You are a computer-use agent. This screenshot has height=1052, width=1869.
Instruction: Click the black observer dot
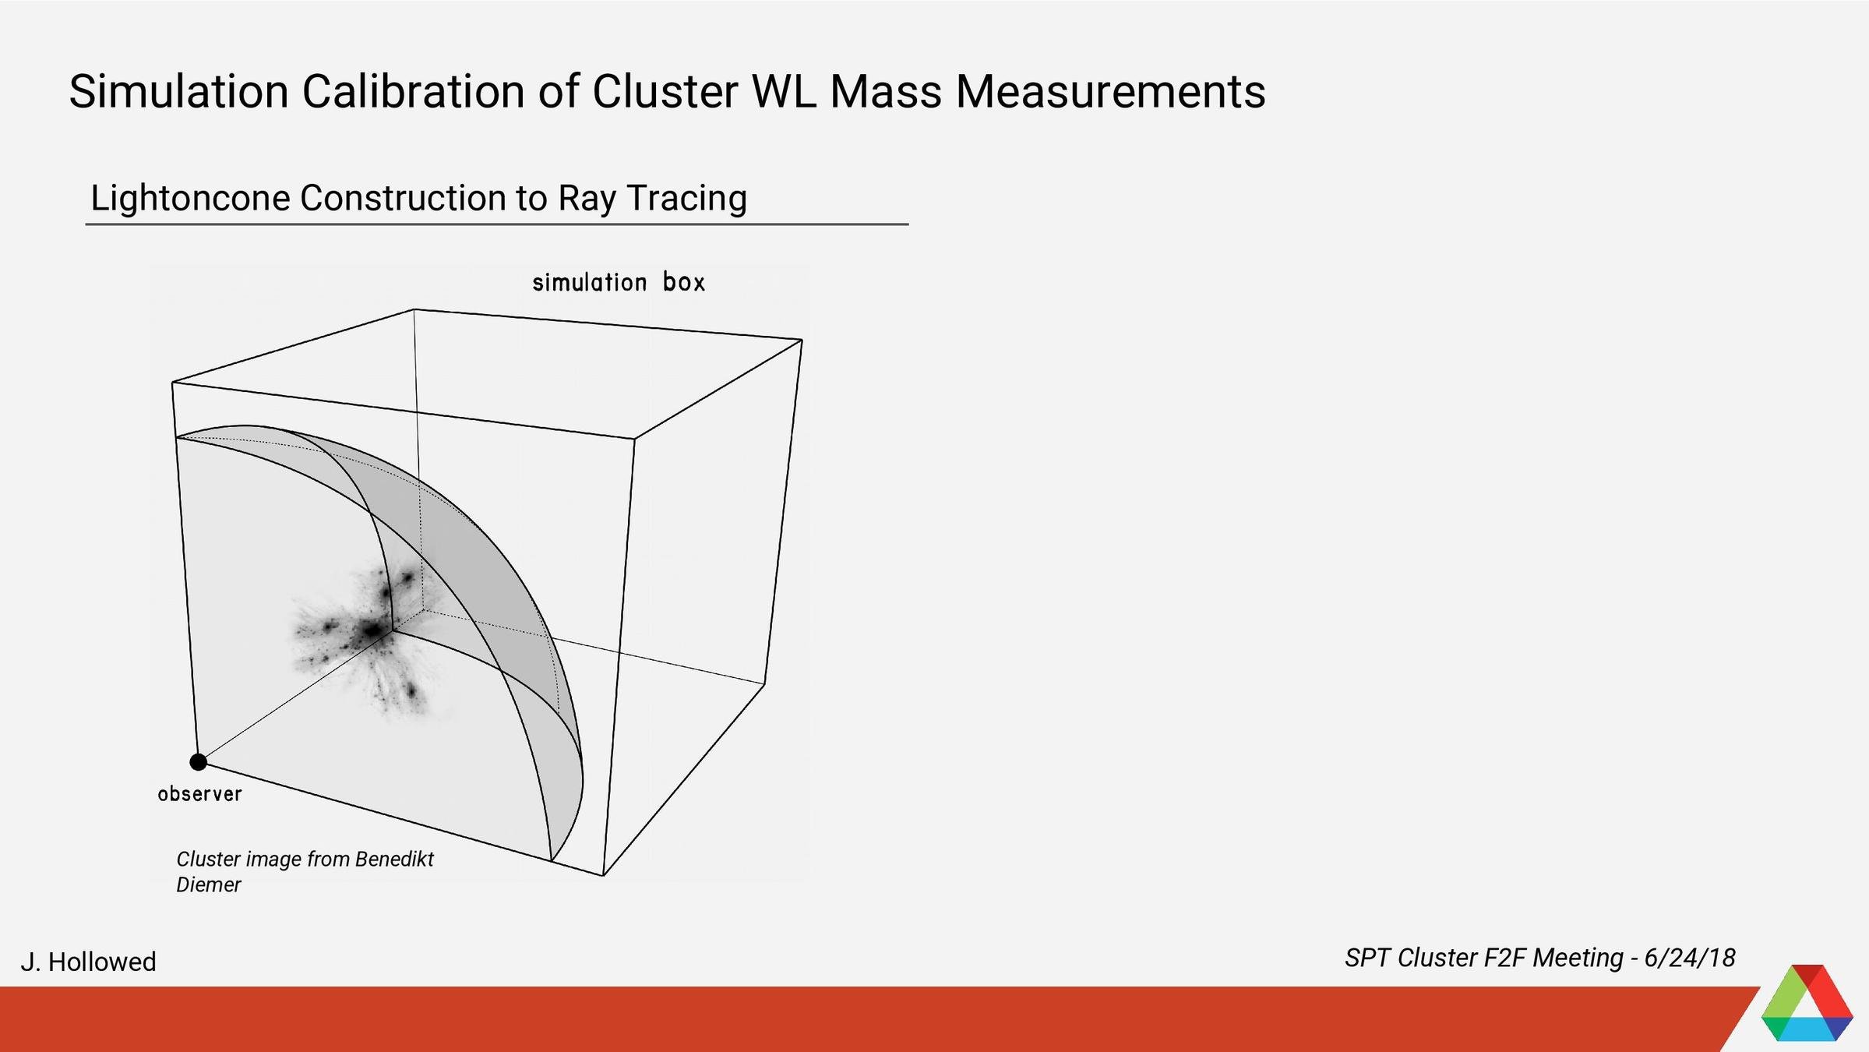tap(199, 762)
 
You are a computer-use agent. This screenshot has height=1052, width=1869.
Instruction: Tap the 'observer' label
tap(200, 794)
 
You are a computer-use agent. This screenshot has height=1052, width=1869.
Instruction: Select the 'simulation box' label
tap(619, 282)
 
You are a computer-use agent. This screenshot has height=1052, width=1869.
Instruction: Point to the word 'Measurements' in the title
tap(1110, 91)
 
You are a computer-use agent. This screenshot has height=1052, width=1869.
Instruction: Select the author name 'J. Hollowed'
tap(88, 962)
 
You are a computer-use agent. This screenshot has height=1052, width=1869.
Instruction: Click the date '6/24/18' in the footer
tap(1689, 958)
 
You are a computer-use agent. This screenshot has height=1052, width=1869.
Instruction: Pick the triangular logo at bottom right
tap(1807, 1005)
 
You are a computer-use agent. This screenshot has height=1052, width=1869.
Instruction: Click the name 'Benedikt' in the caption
tap(394, 859)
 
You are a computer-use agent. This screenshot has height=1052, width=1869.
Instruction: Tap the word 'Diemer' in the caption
tap(209, 885)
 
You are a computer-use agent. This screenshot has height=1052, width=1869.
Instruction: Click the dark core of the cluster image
tap(372, 629)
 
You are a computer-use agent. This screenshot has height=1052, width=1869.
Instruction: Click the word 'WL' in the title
tap(784, 91)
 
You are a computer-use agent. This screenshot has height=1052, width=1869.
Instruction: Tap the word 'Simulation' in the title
tap(178, 91)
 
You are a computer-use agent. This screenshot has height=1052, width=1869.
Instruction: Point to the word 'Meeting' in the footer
tap(1578, 958)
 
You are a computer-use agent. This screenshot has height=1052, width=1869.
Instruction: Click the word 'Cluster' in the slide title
tap(665, 91)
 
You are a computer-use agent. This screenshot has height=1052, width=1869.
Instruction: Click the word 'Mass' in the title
tap(886, 91)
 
